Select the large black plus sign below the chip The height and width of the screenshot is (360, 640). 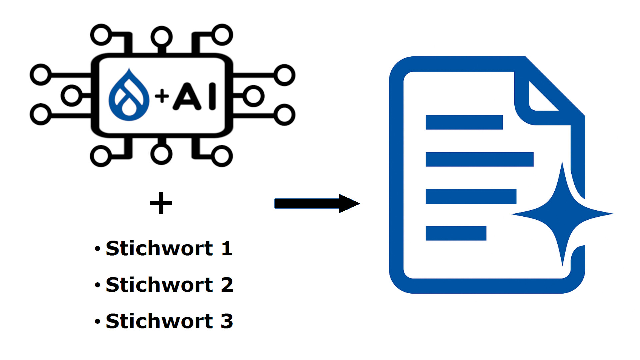pyautogui.click(x=161, y=203)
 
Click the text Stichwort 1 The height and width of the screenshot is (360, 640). pyautogui.click(x=169, y=248)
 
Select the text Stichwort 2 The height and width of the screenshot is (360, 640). pyautogui.click(x=169, y=285)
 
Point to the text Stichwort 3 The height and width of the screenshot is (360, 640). pyautogui.click(x=169, y=321)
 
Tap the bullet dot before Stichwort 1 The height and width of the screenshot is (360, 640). pyautogui.click(x=97, y=249)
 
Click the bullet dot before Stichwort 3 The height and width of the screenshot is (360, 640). pyautogui.click(x=97, y=321)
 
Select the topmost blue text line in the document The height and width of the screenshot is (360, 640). pyautogui.click(x=464, y=122)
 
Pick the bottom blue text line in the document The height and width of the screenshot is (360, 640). pyautogui.click(x=456, y=233)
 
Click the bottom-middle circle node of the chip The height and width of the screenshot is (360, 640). pyautogui.click(x=161, y=154)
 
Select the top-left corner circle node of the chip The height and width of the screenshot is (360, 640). pyautogui.click(x=101, y=35)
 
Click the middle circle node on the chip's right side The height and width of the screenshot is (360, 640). pyautogui.click(x=253, y=96)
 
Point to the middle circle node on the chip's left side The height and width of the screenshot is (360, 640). pyautogui.click(x=71, y=96)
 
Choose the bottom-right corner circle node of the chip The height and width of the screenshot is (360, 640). pyautogui.click(x=222, y=156)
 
